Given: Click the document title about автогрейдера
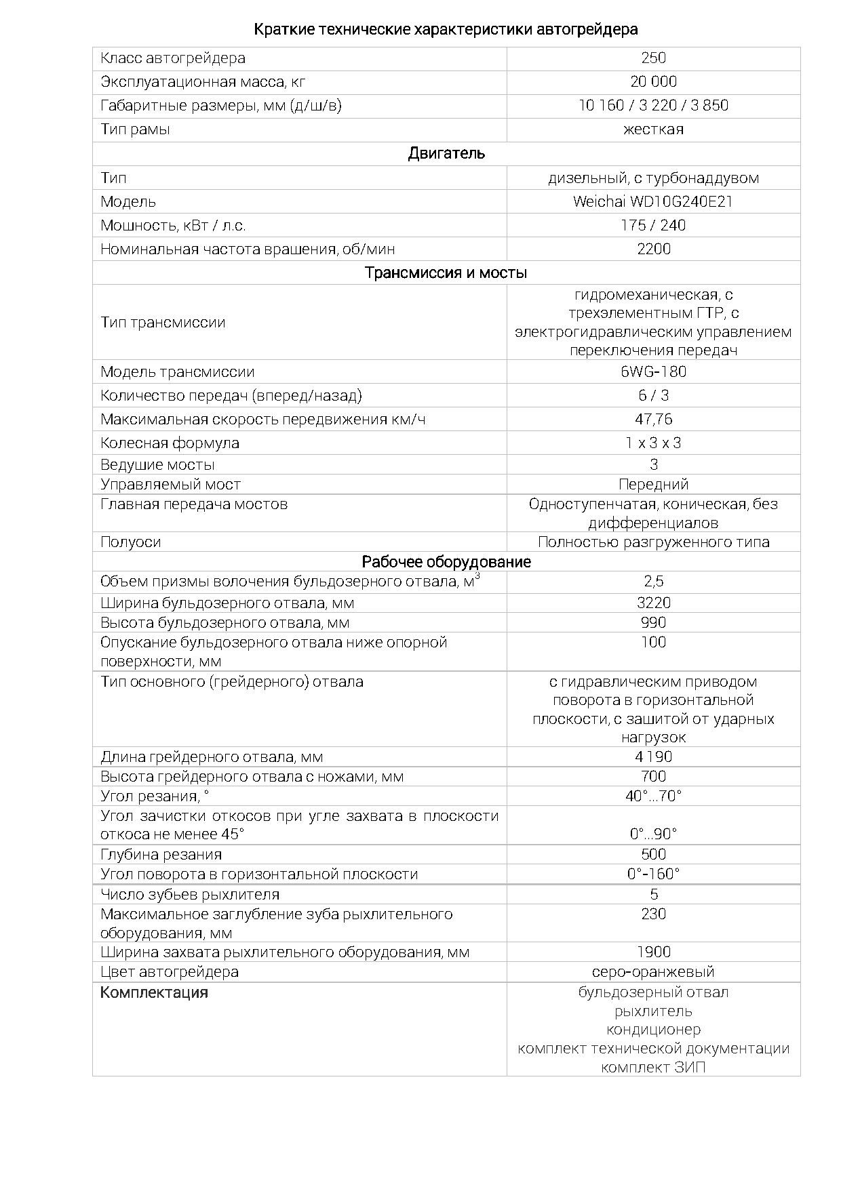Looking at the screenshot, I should point(446,29).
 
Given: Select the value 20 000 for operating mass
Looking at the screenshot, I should point(653,82).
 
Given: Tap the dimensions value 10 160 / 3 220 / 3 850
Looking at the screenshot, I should point(653,106).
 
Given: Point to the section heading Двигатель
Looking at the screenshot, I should point(446,153).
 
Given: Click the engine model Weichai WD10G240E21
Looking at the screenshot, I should point(653,201).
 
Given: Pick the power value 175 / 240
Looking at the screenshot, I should point(653,225).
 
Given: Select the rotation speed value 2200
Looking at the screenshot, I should point(653,249).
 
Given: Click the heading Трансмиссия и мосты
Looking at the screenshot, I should point(446,273).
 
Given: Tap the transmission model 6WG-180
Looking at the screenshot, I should point(653,371).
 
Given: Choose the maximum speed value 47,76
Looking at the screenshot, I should point(653,419).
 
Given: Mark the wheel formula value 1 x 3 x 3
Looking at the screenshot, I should point(653,443).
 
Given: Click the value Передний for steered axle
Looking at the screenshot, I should point(653,484).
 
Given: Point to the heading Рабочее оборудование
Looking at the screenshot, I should point(446,561).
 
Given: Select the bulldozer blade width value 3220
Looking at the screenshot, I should point(653,603).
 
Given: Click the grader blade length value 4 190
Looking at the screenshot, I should point(653,757).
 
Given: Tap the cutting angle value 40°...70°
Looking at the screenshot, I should point(653,796).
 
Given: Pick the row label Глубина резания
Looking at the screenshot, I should point(161,854).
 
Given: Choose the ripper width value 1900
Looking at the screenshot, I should point(653,952).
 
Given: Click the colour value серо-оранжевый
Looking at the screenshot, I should point(653,971).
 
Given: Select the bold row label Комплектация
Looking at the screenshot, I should point(154,992).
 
